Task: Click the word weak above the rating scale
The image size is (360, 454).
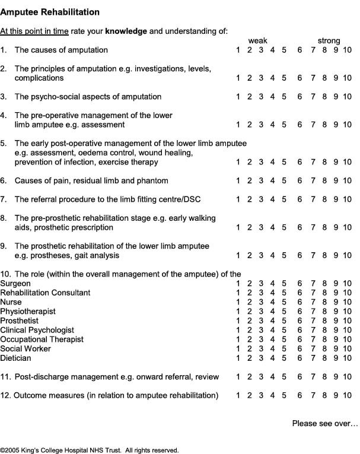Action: [258, 40]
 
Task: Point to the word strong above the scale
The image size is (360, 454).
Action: [329, 40]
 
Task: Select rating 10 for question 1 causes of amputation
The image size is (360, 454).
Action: [347, 50]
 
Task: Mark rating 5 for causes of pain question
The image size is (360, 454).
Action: [284, 180]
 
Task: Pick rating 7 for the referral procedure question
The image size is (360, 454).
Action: [313, 199]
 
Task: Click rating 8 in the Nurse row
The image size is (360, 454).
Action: [324, 302]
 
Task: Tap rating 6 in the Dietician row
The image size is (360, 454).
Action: [301, 358]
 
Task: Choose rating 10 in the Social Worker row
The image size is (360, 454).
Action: [347, 349]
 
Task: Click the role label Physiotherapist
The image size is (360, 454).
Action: [28, 312]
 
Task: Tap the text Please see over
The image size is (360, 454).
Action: [325, 423]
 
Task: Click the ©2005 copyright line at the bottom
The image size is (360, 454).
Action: [89, 450]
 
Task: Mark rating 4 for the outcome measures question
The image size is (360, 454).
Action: [273, 395]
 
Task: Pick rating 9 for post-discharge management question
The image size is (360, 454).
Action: [335, 377]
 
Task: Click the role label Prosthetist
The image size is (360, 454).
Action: [19, 321]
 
